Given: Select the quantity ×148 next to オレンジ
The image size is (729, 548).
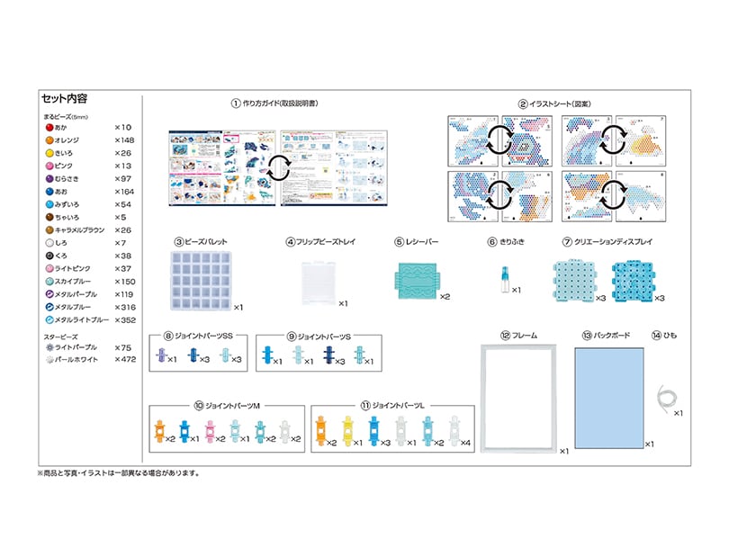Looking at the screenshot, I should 124,141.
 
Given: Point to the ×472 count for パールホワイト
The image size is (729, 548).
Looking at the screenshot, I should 124,359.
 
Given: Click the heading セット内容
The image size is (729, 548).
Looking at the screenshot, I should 64,98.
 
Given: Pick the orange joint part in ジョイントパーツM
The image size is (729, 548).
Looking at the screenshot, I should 159,433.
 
